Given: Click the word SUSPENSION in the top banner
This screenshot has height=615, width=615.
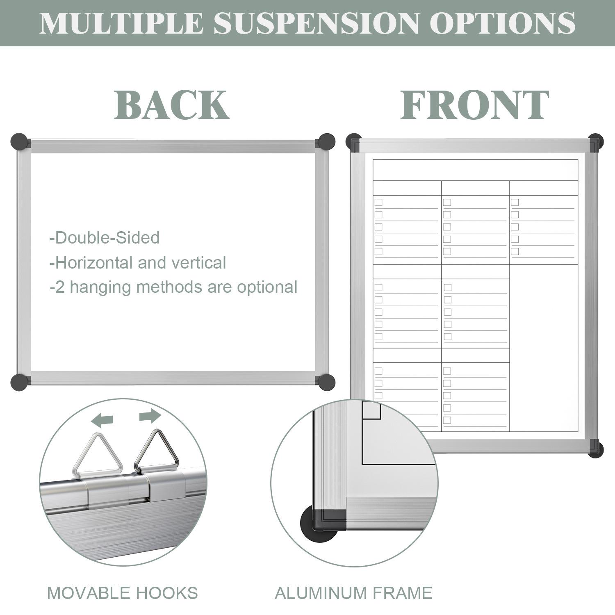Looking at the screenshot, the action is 316,23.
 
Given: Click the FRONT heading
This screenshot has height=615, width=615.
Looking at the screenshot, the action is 474,105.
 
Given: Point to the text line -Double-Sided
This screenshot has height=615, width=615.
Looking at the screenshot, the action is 105,238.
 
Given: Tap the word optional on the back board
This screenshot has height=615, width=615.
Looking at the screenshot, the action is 267,287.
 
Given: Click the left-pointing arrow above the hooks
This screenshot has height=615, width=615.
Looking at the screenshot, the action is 102,419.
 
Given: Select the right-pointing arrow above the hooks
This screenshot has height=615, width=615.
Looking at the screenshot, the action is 150,416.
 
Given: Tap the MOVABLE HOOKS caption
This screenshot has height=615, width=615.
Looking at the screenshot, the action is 122,593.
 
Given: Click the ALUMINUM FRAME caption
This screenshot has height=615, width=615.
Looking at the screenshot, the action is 353,593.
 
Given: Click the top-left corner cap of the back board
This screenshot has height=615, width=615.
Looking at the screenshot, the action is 19,141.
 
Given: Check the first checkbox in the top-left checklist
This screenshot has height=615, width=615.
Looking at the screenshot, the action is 378,202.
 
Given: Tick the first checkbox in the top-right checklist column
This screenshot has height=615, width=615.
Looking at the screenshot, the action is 515,202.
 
